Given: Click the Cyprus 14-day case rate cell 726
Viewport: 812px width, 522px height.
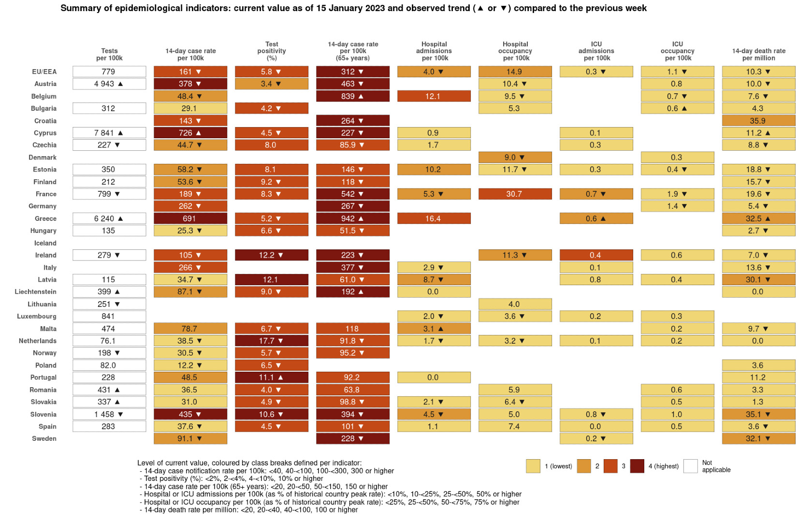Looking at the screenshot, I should [190, 133].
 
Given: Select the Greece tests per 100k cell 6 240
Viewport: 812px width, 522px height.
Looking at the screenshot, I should [109, 218].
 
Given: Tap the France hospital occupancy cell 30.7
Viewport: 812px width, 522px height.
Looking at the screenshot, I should [515, 194].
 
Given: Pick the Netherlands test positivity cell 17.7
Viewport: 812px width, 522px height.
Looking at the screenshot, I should [272, 341].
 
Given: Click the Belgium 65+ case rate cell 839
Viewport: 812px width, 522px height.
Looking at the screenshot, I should [353, 96].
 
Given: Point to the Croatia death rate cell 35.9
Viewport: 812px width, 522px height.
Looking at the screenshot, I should [758, 121].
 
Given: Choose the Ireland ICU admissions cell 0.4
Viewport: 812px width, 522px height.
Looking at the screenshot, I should [596, 255].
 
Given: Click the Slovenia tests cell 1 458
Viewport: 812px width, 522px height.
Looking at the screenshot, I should [109, 414].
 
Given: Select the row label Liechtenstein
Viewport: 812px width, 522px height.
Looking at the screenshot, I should [36, 292].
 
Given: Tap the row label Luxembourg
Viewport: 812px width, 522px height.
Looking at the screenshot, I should [37, 317].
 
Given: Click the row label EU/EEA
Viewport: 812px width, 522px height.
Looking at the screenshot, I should [44, 72].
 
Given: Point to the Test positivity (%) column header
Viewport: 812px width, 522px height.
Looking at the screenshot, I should [272, 51].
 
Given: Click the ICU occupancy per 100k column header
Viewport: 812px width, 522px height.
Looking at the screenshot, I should [678, 51].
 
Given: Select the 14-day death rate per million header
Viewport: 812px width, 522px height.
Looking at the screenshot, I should [759, 54].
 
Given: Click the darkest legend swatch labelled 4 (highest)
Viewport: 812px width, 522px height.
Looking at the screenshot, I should [637, 466].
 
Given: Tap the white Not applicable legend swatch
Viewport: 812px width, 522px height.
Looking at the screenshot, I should [691, 466].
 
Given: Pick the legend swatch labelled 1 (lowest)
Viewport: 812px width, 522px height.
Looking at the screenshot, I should [533, 466].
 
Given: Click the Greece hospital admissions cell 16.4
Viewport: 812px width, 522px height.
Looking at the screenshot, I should [434, 218].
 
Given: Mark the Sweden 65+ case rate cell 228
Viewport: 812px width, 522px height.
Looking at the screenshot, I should [353, 439].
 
